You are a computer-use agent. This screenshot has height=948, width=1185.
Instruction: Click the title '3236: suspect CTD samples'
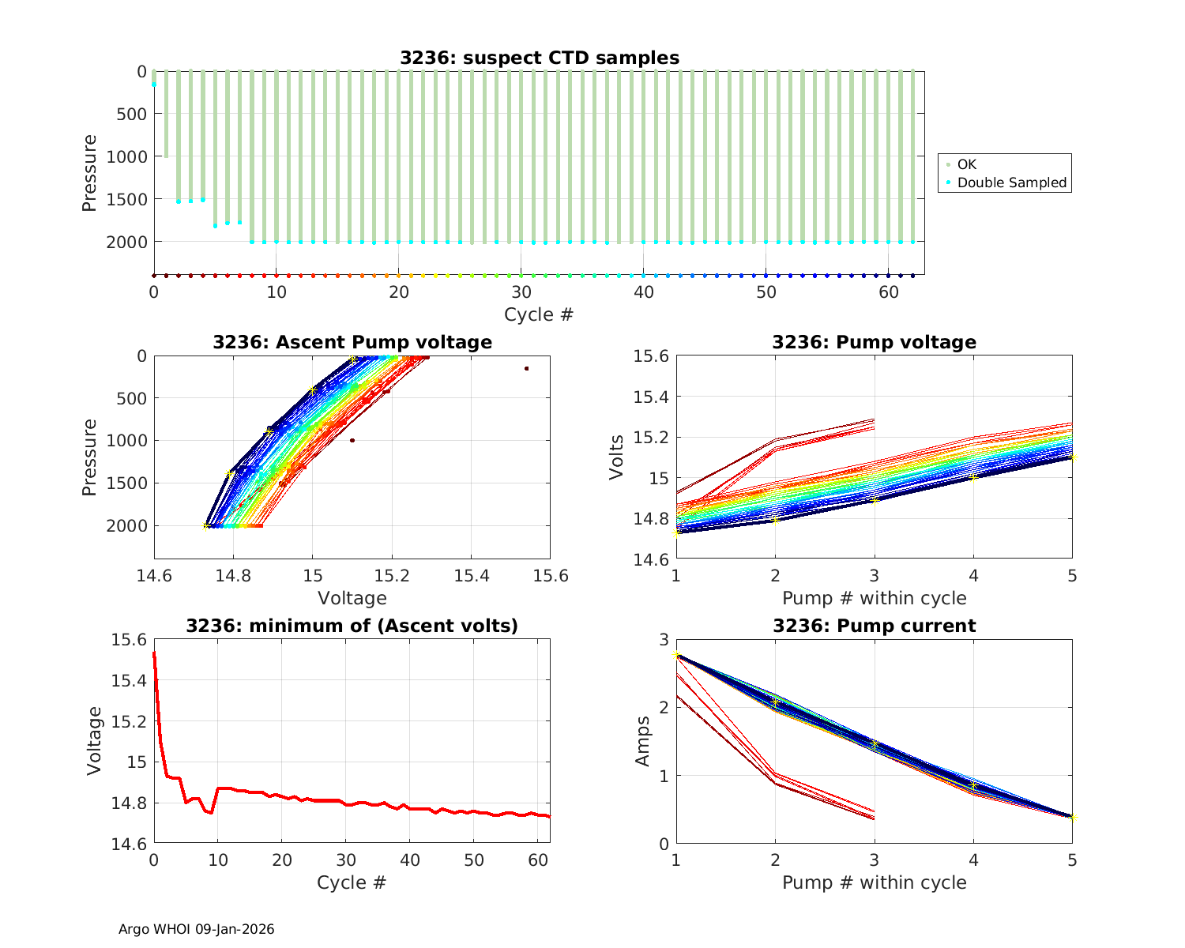point(539,58)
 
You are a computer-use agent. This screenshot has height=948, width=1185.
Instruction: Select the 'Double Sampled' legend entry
point(1011,182)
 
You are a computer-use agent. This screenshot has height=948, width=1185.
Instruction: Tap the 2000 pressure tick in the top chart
point(126,241)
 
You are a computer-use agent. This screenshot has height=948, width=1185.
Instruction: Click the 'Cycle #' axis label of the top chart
point(539,314)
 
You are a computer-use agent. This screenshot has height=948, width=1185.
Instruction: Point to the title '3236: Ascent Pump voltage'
point(352,342)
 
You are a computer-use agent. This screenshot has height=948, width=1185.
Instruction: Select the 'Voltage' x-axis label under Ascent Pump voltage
point(352,598)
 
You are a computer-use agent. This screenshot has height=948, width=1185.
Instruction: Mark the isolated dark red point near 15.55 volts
point(526,368)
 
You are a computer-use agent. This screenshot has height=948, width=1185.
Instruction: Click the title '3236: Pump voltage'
point(874,342)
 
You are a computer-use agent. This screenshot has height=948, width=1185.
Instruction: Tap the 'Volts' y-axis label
point(617,457)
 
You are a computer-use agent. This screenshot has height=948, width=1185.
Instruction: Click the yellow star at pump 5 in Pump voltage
point(1072,457)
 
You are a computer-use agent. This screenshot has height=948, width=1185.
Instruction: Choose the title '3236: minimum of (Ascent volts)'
point(352,626)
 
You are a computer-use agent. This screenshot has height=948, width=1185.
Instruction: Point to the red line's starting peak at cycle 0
point(154,653)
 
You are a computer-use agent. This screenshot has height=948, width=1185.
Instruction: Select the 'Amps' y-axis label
point(643,741)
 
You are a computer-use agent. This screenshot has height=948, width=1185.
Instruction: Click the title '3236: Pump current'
point(874,626)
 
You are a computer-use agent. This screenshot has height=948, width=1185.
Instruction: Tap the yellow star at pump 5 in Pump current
point(1072,817)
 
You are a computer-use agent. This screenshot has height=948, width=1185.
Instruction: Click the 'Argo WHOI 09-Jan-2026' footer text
point(197,929)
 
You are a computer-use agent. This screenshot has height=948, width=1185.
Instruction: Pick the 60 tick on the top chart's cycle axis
point(889,292)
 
